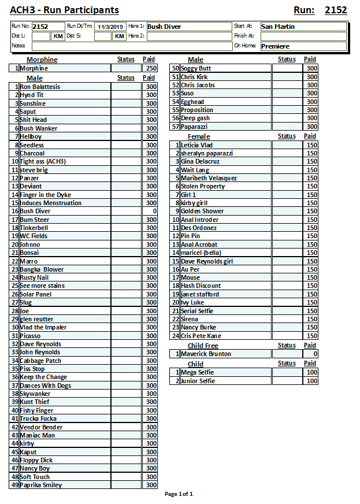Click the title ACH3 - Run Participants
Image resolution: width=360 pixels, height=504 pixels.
coord(64,10)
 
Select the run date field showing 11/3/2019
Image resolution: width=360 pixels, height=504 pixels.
coord(111,27)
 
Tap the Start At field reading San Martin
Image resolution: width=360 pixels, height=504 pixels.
coord(303,27)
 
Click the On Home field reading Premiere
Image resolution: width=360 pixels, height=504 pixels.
coord(303,46)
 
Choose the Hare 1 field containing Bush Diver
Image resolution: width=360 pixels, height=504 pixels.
coord(188,27)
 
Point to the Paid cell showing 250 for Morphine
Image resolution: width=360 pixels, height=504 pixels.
coord(150,68)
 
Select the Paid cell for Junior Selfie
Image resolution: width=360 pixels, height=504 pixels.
coord(311,381)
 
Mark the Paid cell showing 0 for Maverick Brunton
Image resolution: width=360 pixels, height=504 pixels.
coord(311,354)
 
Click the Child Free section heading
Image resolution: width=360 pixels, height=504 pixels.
coord(203,346)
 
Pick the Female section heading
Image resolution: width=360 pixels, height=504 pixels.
coord(199,136)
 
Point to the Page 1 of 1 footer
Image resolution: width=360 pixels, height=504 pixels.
coord(179,494)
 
